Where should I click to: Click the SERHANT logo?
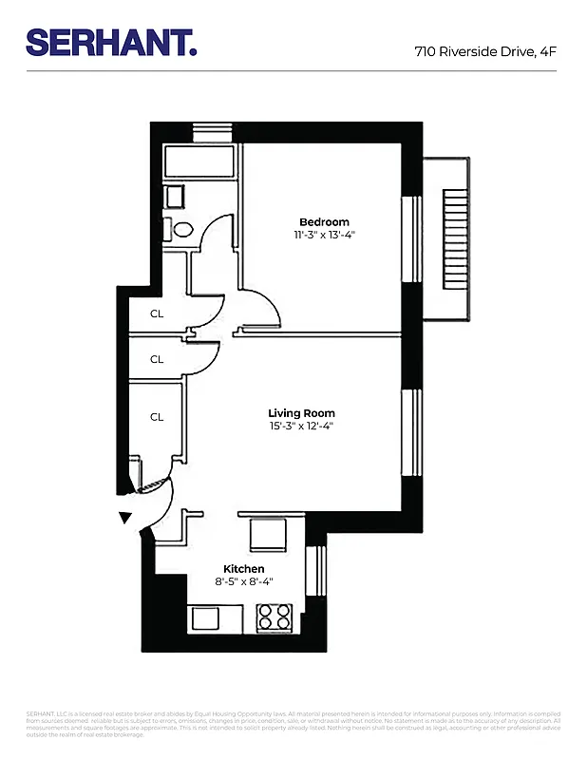[x=111, y=42]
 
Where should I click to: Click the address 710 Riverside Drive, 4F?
[x=484, y=52]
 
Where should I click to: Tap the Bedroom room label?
[x=324, y=221]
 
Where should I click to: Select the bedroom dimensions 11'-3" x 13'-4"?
[x=324, y=235]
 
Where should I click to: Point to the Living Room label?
[x=301, y=413]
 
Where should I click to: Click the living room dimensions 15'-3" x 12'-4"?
[x=301, y=427]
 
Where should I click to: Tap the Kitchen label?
[x=244, y=568]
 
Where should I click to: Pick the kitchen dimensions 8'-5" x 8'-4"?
[x=244, y=581]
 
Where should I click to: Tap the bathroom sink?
[x=176, y=197]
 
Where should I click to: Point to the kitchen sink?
[x=206, y=618]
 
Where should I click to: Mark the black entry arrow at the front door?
[x=124, y=518]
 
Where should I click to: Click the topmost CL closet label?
[x=157, y=313]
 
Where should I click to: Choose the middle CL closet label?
[x=157, y=359]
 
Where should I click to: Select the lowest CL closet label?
[x=157, y=416]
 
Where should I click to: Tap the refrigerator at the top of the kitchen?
[x=268, y=534]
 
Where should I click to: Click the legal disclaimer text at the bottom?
[x=293, y=723]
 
